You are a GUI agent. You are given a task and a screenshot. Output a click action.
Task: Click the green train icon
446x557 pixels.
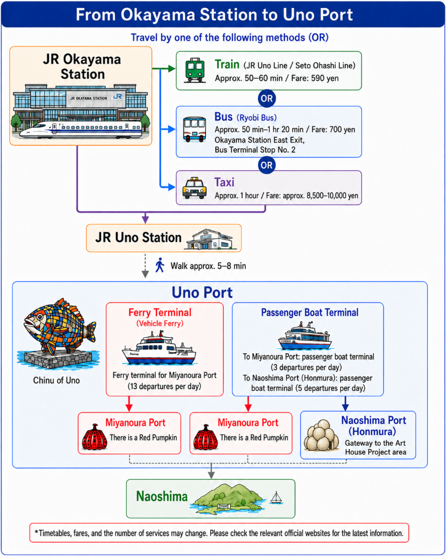pos(195,70)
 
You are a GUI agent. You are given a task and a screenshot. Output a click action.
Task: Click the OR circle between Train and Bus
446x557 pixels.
pos(267,98)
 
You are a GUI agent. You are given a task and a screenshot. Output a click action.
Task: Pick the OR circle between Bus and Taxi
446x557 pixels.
pos(267,165)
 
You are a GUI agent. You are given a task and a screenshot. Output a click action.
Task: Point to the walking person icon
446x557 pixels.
pos(160,265)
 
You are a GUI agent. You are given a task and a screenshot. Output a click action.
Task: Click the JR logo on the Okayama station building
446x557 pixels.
pos(117,97)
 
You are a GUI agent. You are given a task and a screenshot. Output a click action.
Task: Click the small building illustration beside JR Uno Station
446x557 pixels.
pos(210,239)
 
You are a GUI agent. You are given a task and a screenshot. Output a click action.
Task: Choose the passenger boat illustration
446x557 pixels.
pos(305,336)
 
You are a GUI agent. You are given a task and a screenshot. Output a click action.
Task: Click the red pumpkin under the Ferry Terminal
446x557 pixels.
pos(94,437)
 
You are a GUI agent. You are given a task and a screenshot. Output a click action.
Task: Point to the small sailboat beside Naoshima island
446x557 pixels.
pos(276,498)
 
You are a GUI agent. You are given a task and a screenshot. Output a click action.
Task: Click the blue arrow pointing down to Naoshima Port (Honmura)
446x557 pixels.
pos(345,404)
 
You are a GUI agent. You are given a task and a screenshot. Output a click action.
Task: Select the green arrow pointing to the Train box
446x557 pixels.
pos(164,69)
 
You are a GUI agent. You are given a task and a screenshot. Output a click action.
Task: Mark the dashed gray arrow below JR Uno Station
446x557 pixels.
pos(145,266)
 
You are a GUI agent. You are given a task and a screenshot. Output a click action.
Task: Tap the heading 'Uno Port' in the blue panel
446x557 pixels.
pos(202,292)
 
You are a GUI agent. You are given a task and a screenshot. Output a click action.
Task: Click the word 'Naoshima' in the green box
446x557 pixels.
pos(162,496)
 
